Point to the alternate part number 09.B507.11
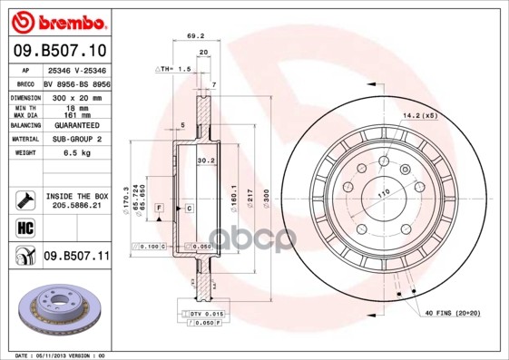(76, 258)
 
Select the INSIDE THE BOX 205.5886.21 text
(76, 200)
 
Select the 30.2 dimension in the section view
(206, 161)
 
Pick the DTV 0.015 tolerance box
(208, 313)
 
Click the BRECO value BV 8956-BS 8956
(76, 83)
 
